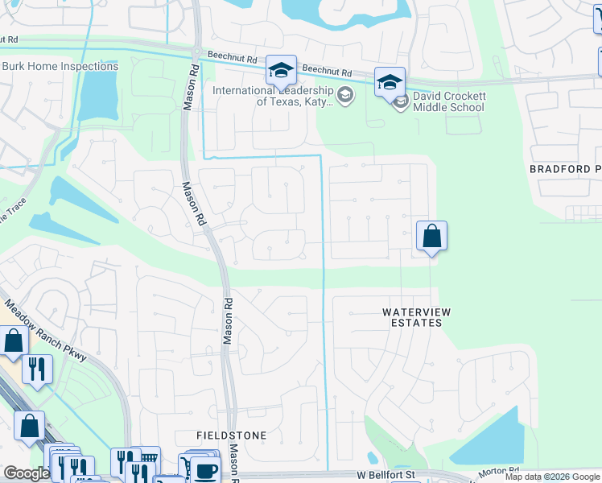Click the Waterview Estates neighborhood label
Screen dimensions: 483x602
click(412, 316)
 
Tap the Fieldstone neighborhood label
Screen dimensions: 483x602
click(232, 435)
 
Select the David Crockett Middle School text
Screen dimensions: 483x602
click(449, 101)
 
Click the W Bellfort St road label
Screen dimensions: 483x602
click(386, 475)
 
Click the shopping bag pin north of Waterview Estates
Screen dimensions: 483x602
click(431, 237)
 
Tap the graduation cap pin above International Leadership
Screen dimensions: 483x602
click(281, 71)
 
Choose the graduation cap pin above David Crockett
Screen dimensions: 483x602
click(390, 82)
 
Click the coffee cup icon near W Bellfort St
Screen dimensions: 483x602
click(205, 470)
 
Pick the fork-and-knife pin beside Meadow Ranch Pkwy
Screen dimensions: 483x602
click(38, 369)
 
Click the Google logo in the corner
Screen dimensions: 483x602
click(27, 473)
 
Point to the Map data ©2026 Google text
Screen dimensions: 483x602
click(552, 477)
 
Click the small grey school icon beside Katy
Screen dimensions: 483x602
click(345, 96)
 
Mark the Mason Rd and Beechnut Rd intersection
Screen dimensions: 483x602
click(196, 52)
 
